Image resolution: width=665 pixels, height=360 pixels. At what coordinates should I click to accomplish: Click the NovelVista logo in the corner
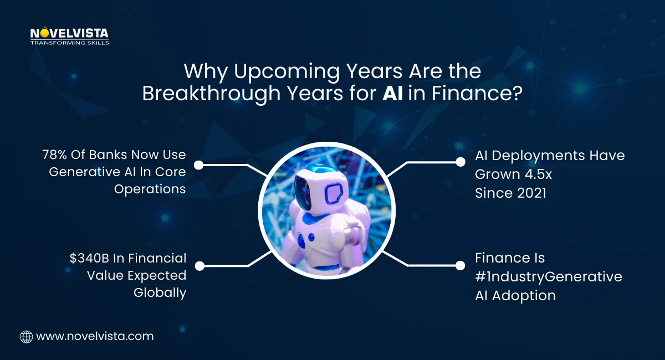69,35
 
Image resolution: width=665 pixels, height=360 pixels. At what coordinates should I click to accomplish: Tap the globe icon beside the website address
26,336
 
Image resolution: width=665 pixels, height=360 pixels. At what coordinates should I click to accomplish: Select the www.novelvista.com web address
95,336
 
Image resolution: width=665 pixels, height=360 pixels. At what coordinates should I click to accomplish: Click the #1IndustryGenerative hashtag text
549,276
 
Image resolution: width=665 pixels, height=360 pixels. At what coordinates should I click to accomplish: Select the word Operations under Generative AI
150,189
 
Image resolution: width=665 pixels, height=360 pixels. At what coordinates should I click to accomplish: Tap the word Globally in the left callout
160,292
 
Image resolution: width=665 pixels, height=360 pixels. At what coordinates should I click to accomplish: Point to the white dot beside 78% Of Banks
199,164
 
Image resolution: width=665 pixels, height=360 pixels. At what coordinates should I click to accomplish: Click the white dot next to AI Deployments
460,162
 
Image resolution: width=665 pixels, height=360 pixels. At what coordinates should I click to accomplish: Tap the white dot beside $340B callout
199,266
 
